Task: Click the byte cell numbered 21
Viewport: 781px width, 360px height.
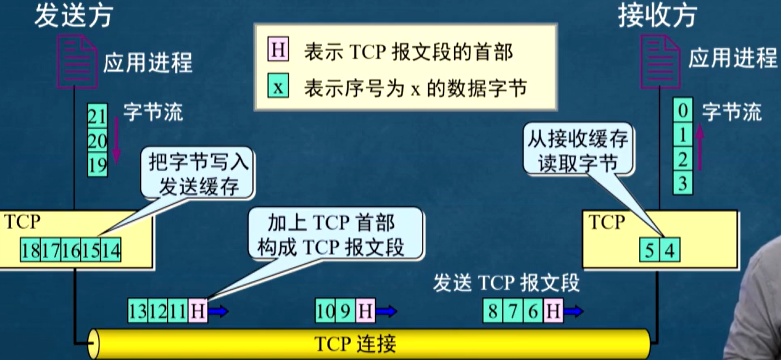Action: (x=97, y=116)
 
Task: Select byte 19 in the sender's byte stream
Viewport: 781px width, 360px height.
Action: (x=97, y=164)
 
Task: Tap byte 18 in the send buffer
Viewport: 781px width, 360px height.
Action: (x=30, y=250)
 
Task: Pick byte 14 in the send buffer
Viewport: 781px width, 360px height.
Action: (x=111, y=250)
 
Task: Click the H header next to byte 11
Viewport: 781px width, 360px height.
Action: (x=198, y=311)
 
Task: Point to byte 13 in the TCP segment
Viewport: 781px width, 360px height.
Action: (x=138, y=311)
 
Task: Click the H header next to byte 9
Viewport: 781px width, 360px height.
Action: (x=365, y=311)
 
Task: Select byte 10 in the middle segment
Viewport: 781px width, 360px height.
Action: (x=325, y=311)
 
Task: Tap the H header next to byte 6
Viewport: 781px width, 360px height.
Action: (x=553, y=311)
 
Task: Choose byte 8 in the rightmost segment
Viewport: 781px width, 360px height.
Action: (x=492, y=311)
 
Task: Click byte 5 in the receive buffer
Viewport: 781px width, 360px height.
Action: (x=649, y=250)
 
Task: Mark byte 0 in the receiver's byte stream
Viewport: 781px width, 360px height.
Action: (x=683, y=110)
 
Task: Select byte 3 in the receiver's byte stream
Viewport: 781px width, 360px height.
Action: (x=683, y=182)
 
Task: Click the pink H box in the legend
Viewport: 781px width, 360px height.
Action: (x=278, y=49)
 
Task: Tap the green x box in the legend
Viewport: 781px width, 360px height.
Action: (x=278, y=86)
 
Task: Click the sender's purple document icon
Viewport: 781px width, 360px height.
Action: (x=77, y=62)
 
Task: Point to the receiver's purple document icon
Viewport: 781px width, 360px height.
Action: (x=660, y=62)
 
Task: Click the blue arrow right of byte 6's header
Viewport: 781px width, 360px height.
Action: (x=573, y=311)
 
